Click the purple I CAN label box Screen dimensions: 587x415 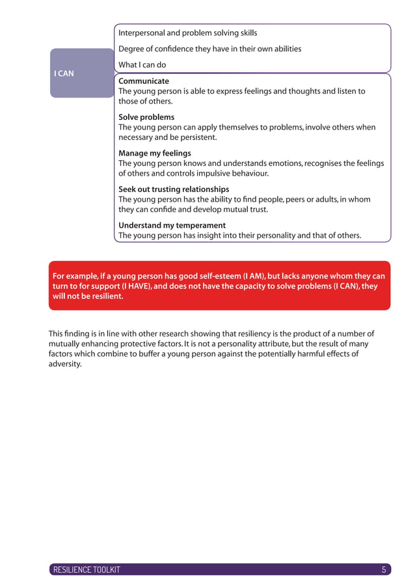82,73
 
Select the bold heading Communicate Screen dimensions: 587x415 144,81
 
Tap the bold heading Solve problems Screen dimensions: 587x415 146,117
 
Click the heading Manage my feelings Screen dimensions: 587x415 155,154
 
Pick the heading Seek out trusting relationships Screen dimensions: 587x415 174,189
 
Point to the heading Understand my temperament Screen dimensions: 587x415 172,225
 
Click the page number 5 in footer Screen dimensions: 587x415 384,570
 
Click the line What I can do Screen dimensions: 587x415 142,65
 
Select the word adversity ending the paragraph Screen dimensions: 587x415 65,364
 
